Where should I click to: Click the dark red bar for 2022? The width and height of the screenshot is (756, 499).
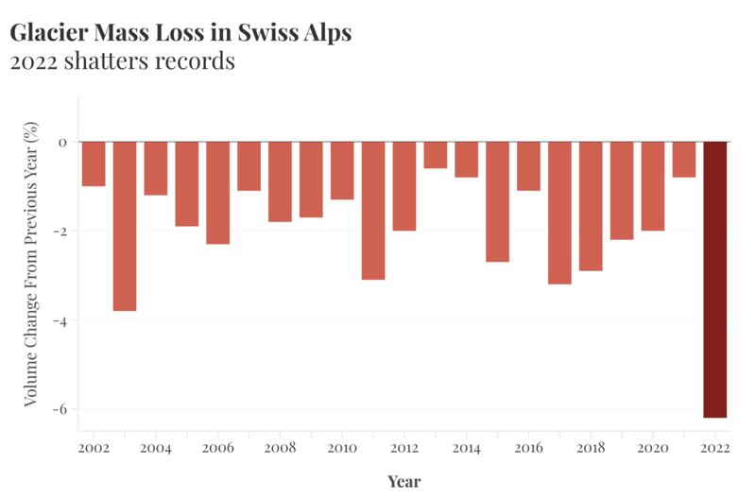tap(715, 279)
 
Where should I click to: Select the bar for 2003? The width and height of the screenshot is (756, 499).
tap(125, 226)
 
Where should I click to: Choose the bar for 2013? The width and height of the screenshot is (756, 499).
tap(436, 155)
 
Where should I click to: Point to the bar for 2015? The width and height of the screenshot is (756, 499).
tap(497, 201)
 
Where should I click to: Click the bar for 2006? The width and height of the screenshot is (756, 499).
tap(218, 193)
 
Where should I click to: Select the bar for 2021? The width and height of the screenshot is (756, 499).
tap(684, 160)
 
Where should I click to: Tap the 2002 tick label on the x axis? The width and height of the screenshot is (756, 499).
tap(94, 448)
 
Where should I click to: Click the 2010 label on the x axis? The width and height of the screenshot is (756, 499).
tap(342, 448)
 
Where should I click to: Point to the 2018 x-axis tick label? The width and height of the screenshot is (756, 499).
tap(591, 448)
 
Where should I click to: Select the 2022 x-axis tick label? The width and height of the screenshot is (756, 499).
tap(715, 448)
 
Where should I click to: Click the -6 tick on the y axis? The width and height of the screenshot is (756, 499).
tap(62, 409)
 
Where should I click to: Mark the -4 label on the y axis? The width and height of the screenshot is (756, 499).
tap(62, 320)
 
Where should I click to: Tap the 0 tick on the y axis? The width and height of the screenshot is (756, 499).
tap(63, 143)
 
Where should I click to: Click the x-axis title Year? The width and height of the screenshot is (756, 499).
tap(404, 482)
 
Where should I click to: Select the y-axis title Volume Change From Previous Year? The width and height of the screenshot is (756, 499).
tap(31, 265)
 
